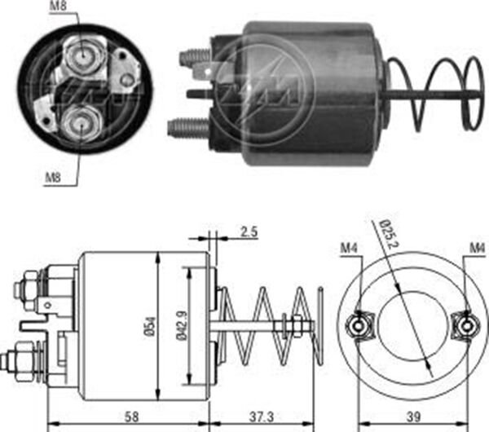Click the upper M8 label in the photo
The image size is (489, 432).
[59, 6]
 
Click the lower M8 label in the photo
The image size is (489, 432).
[53, 178]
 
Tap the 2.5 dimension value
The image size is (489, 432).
[249, 231]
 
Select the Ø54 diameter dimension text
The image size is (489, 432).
[150, 326]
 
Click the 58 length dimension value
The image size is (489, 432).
[131, 417]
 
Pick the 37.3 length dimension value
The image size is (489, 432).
[262, 417]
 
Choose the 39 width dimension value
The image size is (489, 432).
[413, 417]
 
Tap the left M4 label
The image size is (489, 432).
[349, 249]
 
